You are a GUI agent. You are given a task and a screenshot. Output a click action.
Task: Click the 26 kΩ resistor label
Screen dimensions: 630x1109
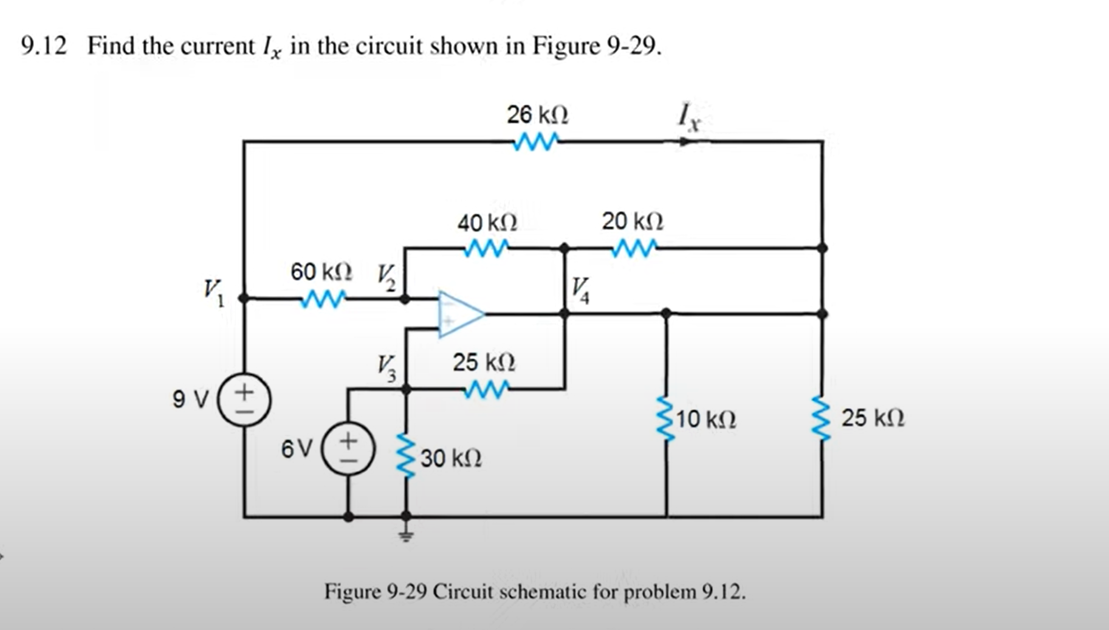coord(537,114)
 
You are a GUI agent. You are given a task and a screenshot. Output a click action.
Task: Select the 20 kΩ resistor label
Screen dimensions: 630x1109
coord(633,221)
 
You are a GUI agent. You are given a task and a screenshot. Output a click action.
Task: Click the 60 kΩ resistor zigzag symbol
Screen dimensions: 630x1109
coord(324,299)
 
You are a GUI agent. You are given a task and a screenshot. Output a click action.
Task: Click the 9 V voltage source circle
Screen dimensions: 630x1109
coord(244,400)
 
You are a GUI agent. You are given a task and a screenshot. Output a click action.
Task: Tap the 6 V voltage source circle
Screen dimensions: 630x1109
coord(348,449)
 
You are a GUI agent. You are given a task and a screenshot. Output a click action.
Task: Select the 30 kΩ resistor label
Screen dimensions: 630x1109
coord(451,458)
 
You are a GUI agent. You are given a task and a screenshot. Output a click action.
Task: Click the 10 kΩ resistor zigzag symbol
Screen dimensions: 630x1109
coord(667,420)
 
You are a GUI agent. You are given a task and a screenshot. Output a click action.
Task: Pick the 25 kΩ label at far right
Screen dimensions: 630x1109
coord(873,418)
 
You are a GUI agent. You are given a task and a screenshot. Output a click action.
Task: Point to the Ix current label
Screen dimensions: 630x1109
coord(689,116)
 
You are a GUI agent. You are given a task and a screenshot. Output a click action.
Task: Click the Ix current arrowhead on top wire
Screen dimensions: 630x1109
coord(685,142)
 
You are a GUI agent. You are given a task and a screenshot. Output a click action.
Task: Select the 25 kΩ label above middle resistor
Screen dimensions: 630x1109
coord(484,362)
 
